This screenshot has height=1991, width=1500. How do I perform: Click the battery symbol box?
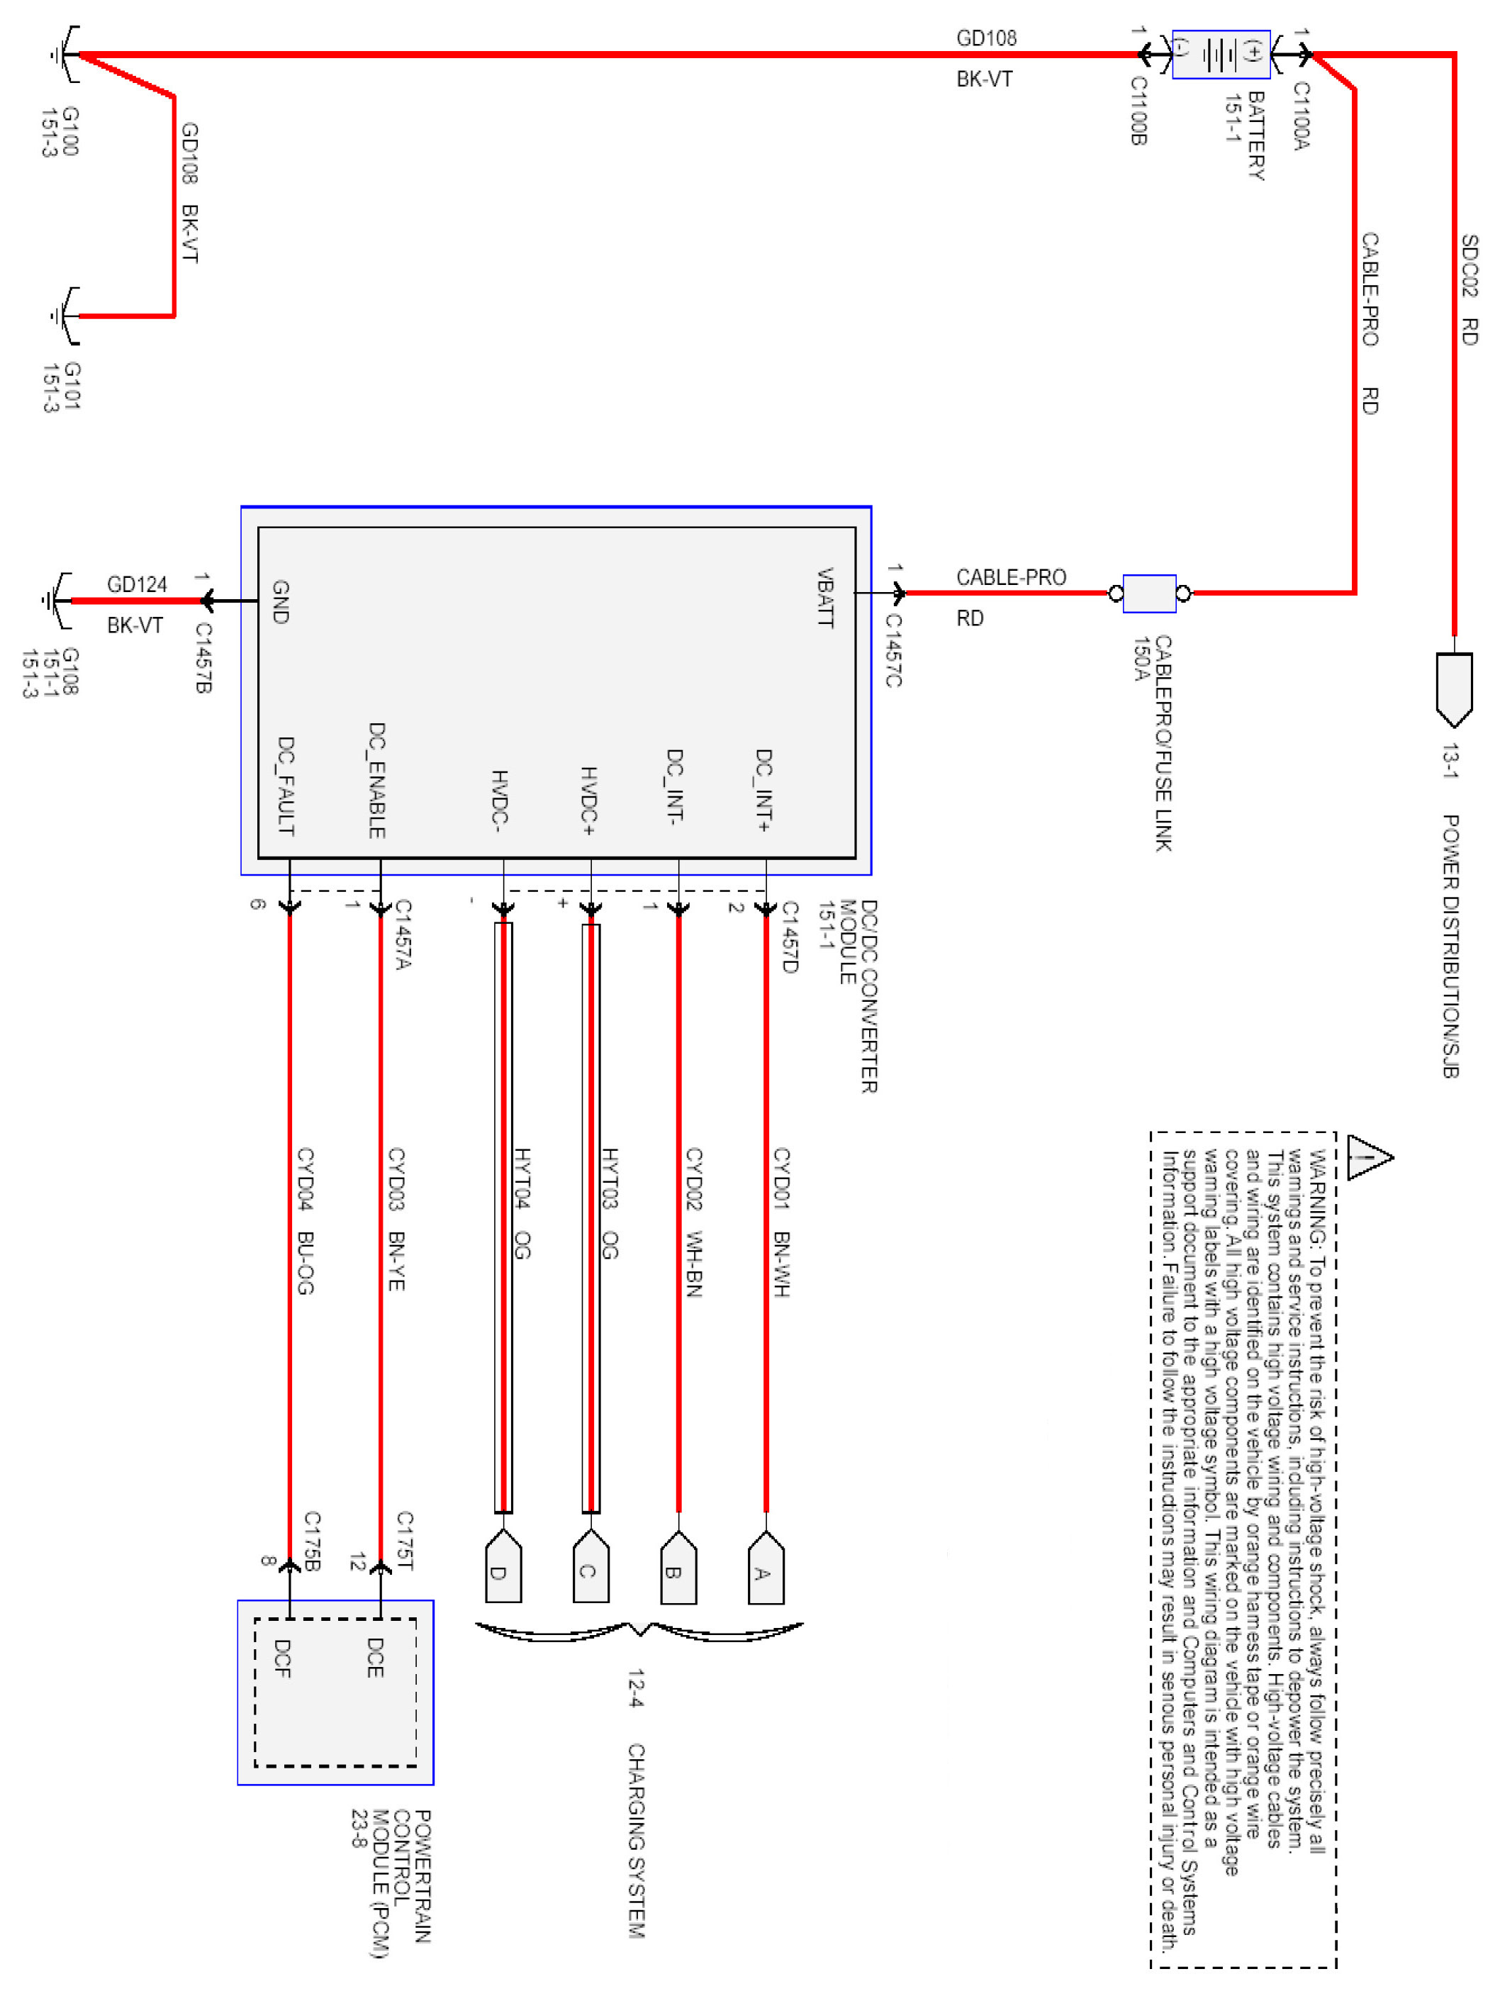tap(1220, 54)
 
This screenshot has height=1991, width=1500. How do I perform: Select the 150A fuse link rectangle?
tap(1149, 593)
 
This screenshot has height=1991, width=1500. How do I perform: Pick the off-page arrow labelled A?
tap(766, 1571)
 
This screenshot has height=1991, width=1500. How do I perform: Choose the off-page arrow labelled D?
tap(503, 1571)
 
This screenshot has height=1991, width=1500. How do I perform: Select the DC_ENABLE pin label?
tap(377, 779)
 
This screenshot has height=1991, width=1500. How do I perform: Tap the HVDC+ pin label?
tap(588, 801)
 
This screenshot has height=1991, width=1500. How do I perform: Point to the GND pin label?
tap(280, 601)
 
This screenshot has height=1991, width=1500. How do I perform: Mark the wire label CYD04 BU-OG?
tap(305, 1220)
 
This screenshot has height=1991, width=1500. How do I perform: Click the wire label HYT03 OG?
tap(609, 1203)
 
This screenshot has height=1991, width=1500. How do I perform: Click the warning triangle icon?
tap(1369, 1156)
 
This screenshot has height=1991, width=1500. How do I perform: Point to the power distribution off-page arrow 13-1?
tap(1453, 688)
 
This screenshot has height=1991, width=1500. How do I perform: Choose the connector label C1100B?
tap(1138, 110)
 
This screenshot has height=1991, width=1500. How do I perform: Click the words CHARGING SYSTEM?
tap(635, 1840)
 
